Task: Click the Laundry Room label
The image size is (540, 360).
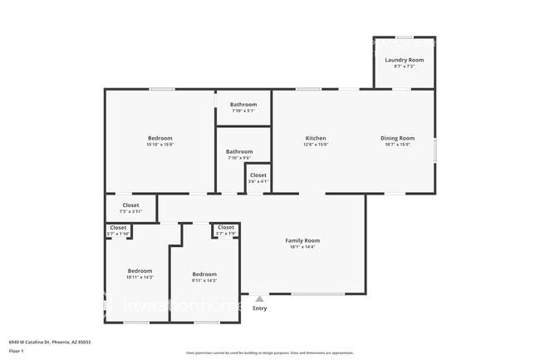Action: [404, 60]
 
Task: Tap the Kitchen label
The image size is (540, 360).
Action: [315, 138]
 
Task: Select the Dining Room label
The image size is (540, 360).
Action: [397, 138]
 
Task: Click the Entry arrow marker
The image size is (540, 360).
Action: [259, 298]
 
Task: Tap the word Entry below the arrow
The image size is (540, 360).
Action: [260, 308]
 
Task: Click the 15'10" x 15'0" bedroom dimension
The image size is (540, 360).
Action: [160, 145]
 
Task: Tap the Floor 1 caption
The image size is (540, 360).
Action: [17, 351]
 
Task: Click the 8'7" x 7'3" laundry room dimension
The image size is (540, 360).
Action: [404, 67]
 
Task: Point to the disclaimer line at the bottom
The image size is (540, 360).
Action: [269, 353]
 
